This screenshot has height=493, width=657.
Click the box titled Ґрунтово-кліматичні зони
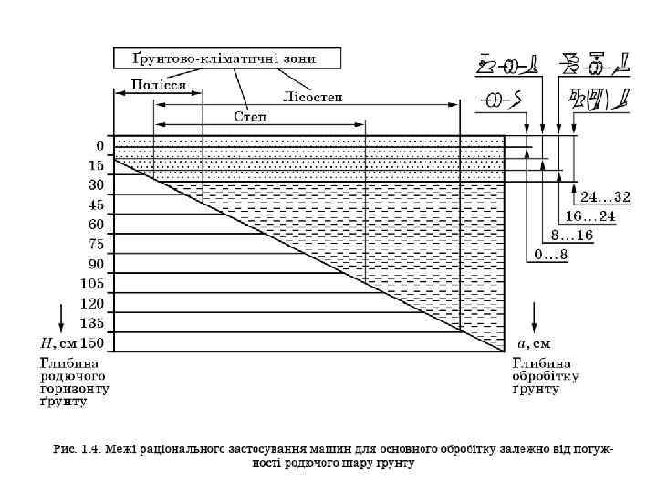[225, 58]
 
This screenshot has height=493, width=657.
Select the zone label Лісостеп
[313, 98]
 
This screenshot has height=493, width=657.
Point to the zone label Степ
[249, 117]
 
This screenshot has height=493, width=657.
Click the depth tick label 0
[99, 146]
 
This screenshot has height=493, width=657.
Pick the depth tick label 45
[96, 205]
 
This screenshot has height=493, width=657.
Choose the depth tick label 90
[96, 264]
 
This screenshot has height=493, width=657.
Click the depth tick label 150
[92, 343]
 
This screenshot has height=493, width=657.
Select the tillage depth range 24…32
[605, 197]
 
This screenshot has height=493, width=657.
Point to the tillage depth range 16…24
[591, 216]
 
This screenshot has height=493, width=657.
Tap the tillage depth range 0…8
[550, 255]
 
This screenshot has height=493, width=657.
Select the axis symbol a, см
[534, 344]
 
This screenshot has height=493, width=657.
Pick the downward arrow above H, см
[61, 317]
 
